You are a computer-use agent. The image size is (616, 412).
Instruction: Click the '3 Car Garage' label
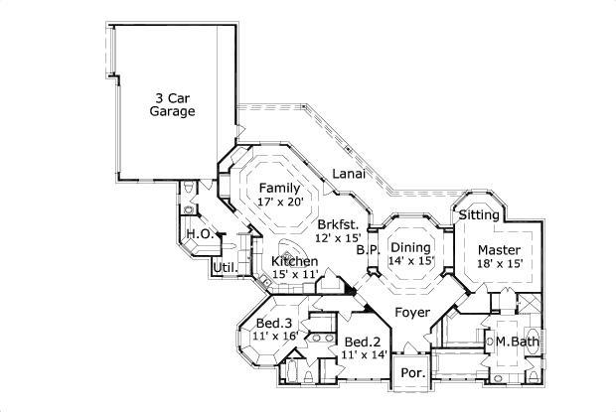tap(173, 104)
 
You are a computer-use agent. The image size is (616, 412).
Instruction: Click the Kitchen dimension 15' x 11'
tap(294, 274)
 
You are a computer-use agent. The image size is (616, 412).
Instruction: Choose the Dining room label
tap(410, 247)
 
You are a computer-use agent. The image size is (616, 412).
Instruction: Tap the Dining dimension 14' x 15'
tap(411, 260)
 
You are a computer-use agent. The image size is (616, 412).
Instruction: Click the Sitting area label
tap(479, 214)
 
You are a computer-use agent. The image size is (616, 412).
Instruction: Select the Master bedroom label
tap(499, 249)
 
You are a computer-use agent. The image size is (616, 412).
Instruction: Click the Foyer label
tap(412, 313)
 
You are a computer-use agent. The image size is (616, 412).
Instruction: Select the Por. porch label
tap(410, 375)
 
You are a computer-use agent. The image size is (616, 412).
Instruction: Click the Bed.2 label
tap(363, 342)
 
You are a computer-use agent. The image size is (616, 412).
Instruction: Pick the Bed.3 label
tap(274, 324)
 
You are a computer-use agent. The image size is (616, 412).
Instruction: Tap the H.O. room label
tap(197, 234)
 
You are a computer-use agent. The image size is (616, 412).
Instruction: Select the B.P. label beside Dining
tap(368, 251)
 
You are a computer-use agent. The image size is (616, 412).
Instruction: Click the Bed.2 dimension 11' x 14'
tap(364, 354)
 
